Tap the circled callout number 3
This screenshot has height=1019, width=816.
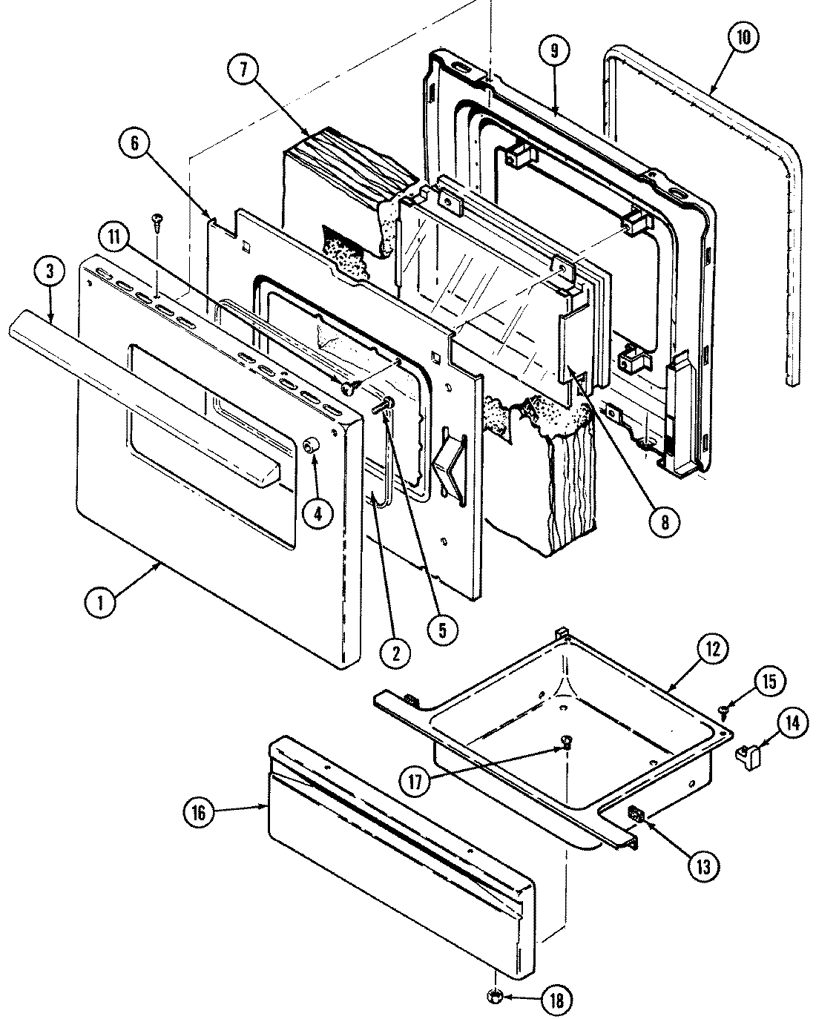coord(49,272)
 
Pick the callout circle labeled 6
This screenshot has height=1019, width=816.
coord(134,144)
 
